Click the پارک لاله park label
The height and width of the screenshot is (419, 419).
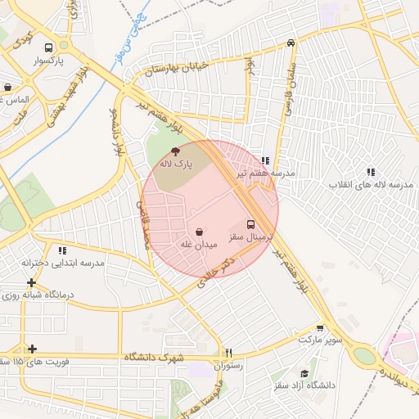tap(176, 164)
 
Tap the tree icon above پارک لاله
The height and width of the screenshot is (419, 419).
tap(176, 151)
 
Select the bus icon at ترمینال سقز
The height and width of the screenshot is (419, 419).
tap(251, 223)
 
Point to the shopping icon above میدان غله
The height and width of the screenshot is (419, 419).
tap(200, 232)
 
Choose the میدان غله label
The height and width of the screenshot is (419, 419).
tap(198, 245)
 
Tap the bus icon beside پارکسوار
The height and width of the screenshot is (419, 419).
tap(50, 47)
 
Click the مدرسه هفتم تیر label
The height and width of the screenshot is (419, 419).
tap(265, 173)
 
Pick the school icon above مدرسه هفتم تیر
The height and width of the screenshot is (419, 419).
tap(264, 160)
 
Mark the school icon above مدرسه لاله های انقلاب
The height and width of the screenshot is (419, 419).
tap(371, 172)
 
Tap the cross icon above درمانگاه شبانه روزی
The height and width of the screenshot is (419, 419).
tap(31, 282)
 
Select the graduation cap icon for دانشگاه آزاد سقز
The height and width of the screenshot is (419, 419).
tap(304, 373)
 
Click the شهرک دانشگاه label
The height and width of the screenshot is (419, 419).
tap(155, 358)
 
